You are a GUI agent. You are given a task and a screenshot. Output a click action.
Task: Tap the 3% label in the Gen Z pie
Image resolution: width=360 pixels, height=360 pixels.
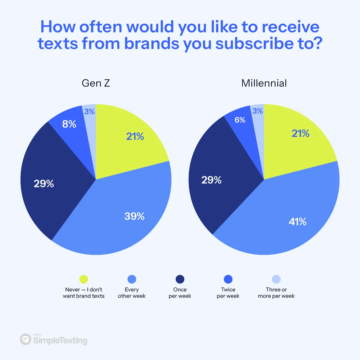coord(89,112)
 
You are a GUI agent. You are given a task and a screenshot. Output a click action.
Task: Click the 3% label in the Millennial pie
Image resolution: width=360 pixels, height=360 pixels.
coord(258,111)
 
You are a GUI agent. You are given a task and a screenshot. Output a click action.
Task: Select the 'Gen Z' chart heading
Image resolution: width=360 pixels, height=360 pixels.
coord(96,83)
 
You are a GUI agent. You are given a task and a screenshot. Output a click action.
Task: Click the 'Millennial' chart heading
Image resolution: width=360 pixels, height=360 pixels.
coord(264,83)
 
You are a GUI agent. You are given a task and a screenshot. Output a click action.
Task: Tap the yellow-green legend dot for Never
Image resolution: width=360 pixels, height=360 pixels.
coord(84,279)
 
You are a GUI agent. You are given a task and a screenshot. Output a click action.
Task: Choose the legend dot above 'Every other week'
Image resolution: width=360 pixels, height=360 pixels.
coord(132,279)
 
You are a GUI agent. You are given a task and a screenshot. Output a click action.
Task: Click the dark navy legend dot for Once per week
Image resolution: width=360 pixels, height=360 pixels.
coord(180,279)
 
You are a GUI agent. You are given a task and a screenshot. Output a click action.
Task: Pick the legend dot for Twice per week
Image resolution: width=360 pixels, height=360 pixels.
coord(228,279)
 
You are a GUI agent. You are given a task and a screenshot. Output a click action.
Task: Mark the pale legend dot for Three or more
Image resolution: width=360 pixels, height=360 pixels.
coord(276,279)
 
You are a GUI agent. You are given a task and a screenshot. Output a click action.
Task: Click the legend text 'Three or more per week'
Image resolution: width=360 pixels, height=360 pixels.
coord(276,293)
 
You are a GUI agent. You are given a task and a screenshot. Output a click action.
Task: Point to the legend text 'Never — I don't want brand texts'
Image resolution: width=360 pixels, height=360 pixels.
coord(84,293)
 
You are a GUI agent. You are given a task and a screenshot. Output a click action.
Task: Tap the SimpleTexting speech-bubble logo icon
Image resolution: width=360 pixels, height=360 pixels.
coord(25,339)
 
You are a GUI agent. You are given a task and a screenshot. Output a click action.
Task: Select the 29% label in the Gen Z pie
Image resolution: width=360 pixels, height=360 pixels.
coord(44,183)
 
